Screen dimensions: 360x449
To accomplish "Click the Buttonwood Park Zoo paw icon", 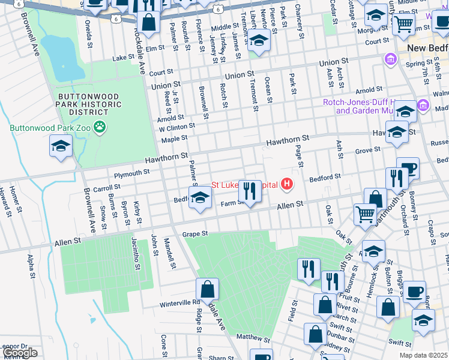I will (x=100, y=127).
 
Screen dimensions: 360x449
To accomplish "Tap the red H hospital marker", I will (x=288, y=184).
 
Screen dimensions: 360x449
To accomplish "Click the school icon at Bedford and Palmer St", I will (x=200, y=198).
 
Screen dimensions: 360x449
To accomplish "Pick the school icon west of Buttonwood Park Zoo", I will (x=61, y=146).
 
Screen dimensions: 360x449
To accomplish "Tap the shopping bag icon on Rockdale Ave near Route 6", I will (x=148, y=23).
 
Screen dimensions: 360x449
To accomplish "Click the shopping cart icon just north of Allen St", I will (x=365, y=214).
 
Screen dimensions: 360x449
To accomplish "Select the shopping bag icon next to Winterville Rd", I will (x=207, y=290).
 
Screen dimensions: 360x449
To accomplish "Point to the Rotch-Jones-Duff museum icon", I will (x=424, y=106).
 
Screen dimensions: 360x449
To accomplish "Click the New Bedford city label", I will (x=427, y=48).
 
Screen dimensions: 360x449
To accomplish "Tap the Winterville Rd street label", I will (x=179, y=303).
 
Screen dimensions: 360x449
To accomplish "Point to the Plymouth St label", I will (x=132, y=173).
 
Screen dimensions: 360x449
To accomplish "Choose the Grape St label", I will (x=195, y=233).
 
